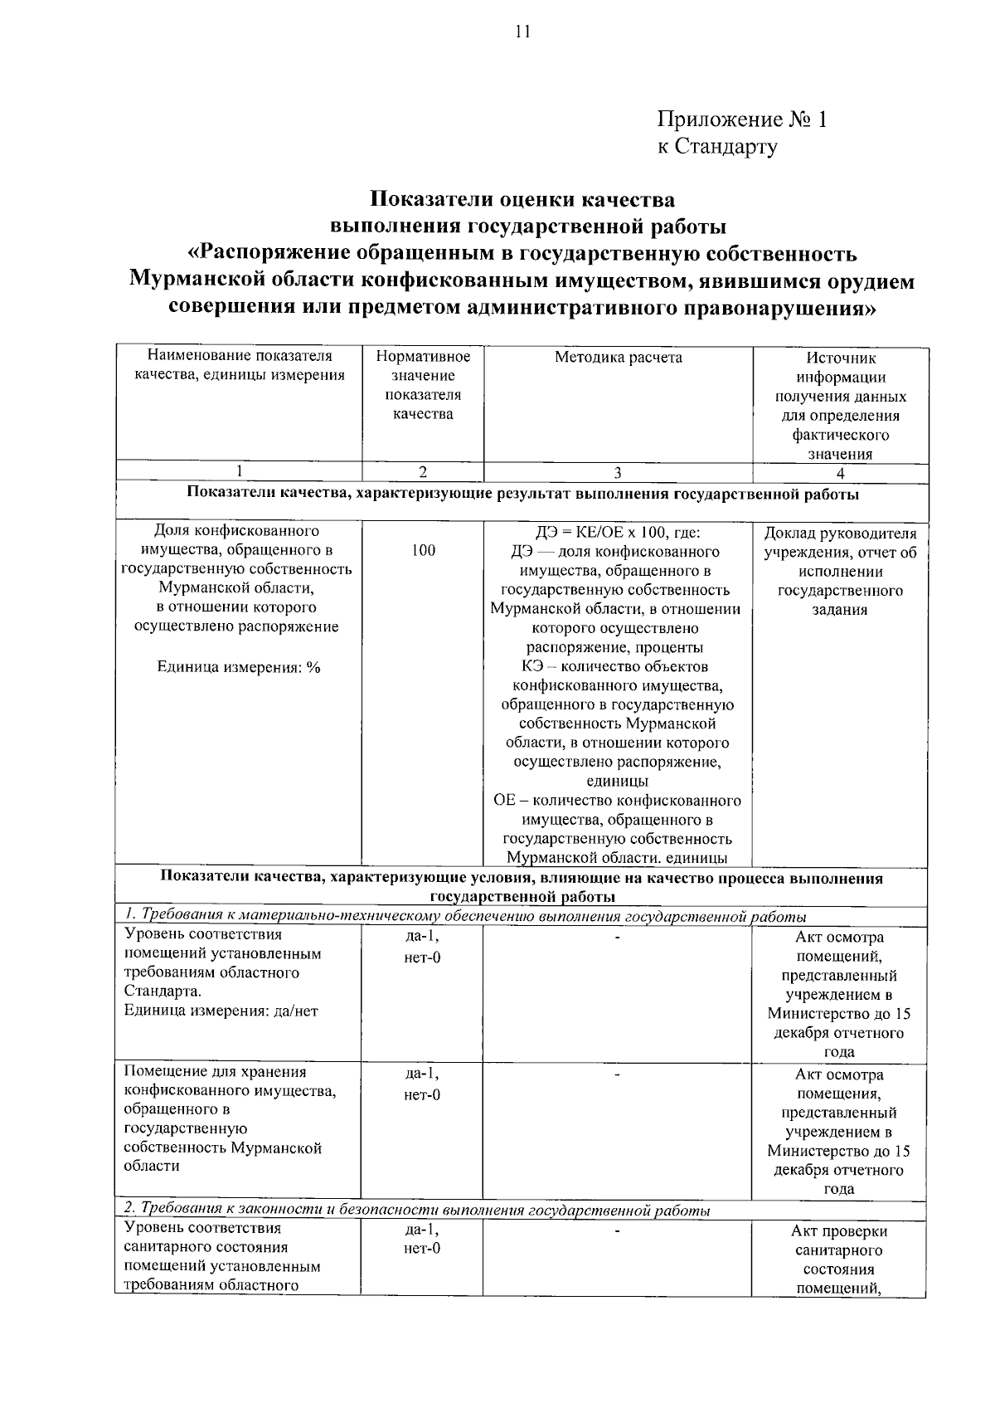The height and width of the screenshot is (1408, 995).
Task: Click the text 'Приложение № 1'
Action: pos(742,119)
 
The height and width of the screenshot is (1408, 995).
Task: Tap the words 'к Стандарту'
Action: pos(717,147)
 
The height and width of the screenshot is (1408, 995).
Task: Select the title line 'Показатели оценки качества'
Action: pos(522,200)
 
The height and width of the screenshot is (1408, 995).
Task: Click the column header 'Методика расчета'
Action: pos(618,358)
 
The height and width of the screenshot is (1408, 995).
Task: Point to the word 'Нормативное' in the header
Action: pos(423,357)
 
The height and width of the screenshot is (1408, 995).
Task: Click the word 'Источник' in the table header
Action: pos(840,358)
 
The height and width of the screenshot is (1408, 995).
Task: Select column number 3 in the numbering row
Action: pos(618,473)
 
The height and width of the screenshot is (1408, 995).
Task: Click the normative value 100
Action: pos(423,551)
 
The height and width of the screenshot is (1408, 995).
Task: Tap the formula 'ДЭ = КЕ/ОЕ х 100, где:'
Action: pos(618,532)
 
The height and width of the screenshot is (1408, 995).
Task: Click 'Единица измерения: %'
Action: pos(239,668)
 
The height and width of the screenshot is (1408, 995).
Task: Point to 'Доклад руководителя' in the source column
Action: pos(840,533)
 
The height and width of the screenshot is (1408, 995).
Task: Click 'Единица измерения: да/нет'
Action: pos(221,1011)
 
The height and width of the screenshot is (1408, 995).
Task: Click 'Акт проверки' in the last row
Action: pos(839,1231)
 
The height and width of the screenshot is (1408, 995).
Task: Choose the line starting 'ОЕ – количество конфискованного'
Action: pos(618,801)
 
